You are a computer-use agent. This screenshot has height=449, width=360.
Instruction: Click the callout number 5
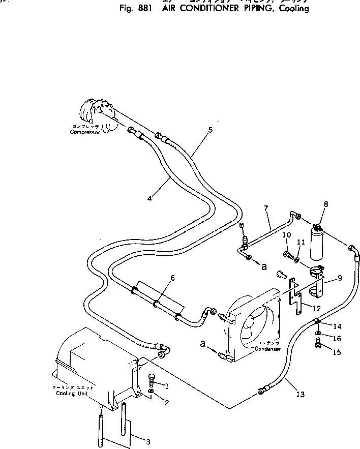[x=210, y=130]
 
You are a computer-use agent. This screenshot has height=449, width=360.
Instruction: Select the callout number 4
[x=149, y=199]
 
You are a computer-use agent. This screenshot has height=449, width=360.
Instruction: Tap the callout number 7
[x=265, y=209]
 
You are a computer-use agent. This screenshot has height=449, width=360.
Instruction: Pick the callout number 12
[x=316, y=308]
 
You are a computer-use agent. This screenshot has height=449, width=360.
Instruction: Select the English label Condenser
[x=268, y=349]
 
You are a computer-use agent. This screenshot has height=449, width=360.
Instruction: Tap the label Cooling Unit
[x=66, y=393]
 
